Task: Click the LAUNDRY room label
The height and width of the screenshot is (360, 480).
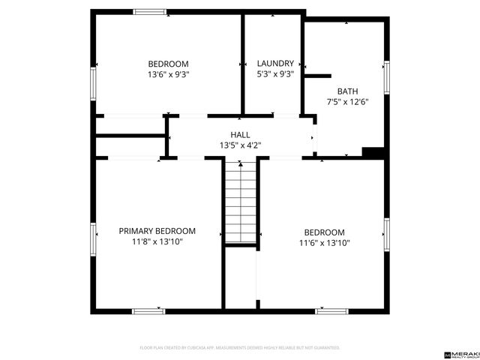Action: pos(275,64)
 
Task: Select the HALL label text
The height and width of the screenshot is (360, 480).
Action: pos(240,134)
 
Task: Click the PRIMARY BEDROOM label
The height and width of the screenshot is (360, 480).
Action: pos(157,231)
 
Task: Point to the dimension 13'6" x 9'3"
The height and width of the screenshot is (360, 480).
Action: pos(168,74)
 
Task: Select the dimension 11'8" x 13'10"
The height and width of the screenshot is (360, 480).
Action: pos(157,241)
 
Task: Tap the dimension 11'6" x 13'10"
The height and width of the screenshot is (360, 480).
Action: pos(324,243)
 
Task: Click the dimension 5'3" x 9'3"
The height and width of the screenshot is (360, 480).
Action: pos(275,74)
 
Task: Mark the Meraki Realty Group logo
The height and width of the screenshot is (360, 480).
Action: pos(461,353)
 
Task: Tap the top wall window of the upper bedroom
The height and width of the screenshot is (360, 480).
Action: pos(149,11)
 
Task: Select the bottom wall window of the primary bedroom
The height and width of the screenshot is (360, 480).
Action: pos(148,310)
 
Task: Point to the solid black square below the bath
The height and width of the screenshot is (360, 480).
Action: pos(373,152)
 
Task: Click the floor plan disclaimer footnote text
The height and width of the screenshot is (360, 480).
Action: pos(240,348)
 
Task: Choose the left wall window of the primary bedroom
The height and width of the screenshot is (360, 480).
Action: pos(93,238)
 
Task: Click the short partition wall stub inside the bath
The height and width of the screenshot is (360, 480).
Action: pos(317,76)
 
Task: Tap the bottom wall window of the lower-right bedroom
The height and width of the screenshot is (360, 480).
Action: pos(331,310)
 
